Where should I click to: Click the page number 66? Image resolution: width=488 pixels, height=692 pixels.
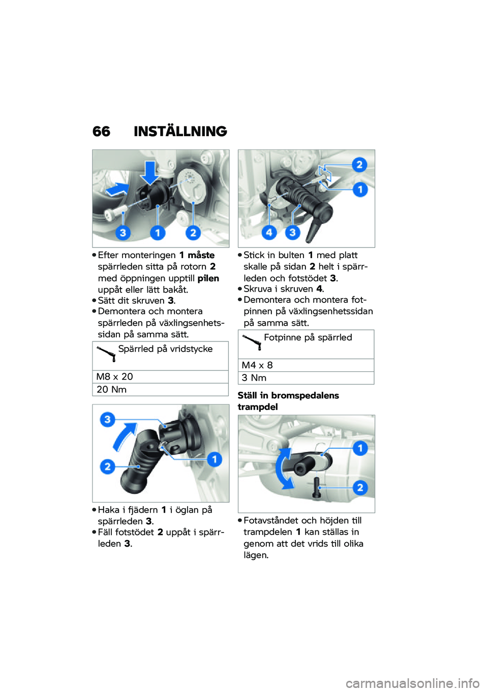101,132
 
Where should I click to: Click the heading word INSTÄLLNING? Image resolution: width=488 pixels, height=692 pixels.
180,132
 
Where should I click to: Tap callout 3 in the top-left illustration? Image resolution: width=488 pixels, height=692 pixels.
123,233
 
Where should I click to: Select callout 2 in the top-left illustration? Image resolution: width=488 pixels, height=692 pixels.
193,233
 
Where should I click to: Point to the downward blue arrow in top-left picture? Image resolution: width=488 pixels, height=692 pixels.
150,172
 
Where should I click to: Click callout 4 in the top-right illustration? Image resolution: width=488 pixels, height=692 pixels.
269,232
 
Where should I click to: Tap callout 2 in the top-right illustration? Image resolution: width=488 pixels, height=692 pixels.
359,165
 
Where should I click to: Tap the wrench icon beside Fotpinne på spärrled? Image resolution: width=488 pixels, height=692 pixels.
252,342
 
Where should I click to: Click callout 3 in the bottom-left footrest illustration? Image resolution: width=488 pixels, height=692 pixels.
107,420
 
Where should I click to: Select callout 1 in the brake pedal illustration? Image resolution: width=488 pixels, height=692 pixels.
360,448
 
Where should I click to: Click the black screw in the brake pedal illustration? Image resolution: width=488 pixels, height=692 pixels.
316,487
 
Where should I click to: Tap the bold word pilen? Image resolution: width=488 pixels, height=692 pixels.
208,278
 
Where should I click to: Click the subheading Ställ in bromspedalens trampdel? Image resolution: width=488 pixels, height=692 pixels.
288,401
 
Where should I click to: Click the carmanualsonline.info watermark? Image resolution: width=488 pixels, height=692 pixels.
412,683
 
